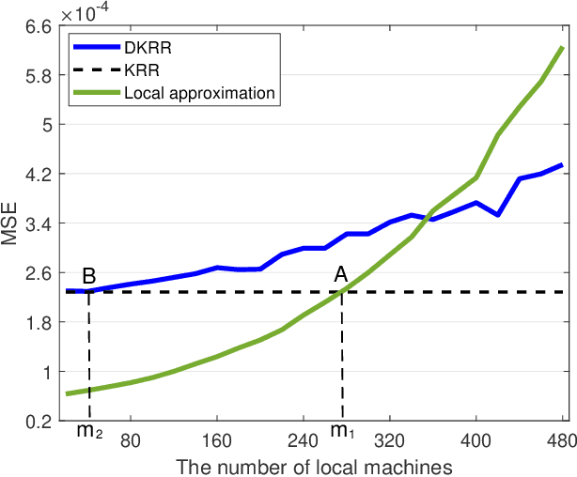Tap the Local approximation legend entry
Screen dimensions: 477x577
point(198,93)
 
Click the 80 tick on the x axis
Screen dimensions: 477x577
point(130,438)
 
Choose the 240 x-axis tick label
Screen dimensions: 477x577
point(303,438)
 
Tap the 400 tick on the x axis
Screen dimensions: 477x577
point(476,438)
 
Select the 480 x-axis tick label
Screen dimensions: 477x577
point(561,438)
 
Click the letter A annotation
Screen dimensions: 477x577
point(341,275)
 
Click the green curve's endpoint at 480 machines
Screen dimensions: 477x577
point(562,47)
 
